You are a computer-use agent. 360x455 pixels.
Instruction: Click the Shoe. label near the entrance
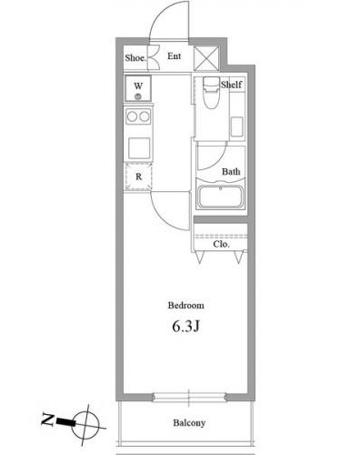[x=136, y=58]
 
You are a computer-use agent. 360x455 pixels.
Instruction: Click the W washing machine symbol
[x=139, y=90]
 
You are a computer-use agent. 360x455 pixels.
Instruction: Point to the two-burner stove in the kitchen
[x=139, y=117]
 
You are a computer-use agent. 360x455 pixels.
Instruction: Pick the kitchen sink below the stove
[x=139, y=146]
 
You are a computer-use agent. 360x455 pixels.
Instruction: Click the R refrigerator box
[x=139, y=177]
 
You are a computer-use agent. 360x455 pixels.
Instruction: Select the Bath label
[x=231, y=171]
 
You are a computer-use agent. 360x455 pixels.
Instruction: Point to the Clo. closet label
[x=221, y=244]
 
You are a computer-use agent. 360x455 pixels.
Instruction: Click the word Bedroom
[x=185, y=306]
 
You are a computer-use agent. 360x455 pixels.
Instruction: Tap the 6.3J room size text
[x=185, y=326]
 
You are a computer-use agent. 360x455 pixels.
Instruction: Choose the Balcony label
[x=189, y=422]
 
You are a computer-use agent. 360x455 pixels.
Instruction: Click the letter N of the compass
[x=46, y=420]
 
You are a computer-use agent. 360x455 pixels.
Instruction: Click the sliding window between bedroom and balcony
[x=189, y=398]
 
